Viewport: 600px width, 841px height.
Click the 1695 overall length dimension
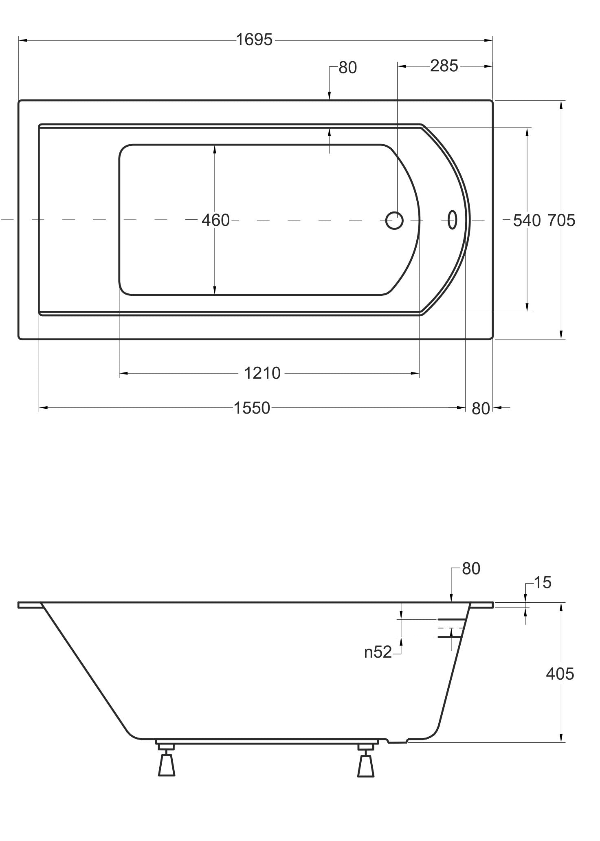[x=254, y=40]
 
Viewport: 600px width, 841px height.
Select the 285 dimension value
[x=444, y=66]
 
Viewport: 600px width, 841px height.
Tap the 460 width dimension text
[x=215, y=220]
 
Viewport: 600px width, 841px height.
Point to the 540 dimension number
[x=527, y=220]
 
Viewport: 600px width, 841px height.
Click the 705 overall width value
[x=561, y=220]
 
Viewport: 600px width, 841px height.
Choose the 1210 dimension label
[x=262, y=373]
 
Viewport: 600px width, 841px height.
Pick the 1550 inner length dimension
[x=252, y=407]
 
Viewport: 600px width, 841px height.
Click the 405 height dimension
[x=560, y=674]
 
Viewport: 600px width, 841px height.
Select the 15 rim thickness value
[x=542, y=583]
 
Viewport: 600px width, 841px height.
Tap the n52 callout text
[x=378, y=652]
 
